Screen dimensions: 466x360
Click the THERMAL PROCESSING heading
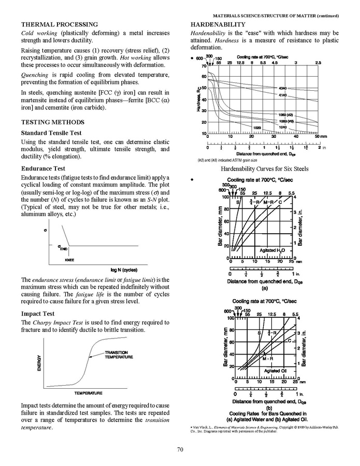(59, 24)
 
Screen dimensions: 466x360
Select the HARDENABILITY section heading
(218, 24)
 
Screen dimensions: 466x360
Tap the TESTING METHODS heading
(52, 122)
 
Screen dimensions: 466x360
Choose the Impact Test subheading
(39, 314)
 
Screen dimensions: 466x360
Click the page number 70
(180, 449)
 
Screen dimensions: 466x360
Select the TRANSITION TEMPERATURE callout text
(119, 355)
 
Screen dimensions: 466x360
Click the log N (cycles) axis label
(124, 270)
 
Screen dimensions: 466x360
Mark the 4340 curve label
(283, 88)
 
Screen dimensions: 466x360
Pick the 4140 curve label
(283, 96)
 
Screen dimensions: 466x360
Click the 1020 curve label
(257, 127)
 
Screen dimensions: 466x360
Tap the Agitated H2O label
(272, 250)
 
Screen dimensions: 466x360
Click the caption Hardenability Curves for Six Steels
(264, 169)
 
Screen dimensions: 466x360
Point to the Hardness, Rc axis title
(198, 99)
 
